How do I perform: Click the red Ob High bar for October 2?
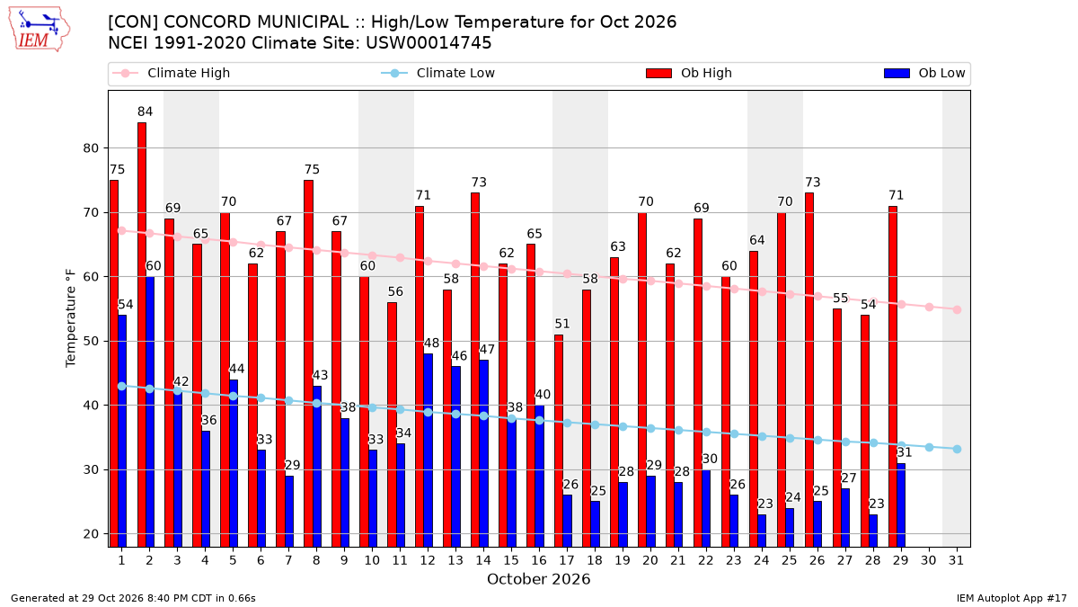(142, 335)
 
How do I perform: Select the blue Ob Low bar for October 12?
(428, 451)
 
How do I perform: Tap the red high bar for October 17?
(559, 441)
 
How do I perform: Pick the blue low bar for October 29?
(901, 505)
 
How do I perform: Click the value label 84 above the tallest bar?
(145, 112)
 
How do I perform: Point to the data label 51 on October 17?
(561, 324)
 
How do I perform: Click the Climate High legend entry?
(172, 73)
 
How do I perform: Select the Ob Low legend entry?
(924, 73)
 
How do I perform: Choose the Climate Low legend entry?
(438, 73)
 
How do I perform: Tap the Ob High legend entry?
(689, 73)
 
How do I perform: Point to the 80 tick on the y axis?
(91, 148)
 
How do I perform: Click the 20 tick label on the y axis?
(91, 534)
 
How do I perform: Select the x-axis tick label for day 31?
(956, 561)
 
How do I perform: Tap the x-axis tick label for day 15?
(511, 561)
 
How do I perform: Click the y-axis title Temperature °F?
(71, 318)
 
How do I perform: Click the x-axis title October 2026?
(538, 579)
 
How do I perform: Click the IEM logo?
(40, 30)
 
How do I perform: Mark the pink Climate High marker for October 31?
(957, 309)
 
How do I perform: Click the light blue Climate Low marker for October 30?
(929, 448)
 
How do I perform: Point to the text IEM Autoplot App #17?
(1012, 598)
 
